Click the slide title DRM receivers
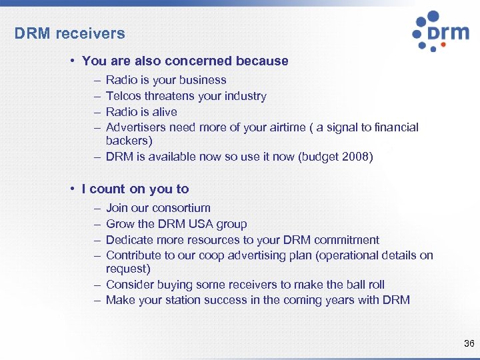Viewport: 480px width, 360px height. coord(69,33)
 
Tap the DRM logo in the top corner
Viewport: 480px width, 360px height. coord(440,31)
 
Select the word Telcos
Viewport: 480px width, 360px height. coord(123,96)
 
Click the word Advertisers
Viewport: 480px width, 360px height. coord(135,127)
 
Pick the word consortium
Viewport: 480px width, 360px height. coord(181,208)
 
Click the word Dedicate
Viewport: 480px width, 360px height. coord(131,240)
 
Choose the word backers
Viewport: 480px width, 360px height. coord(127,141)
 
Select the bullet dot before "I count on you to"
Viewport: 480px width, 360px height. coord(71,189)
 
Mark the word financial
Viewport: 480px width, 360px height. coord(394,127)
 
